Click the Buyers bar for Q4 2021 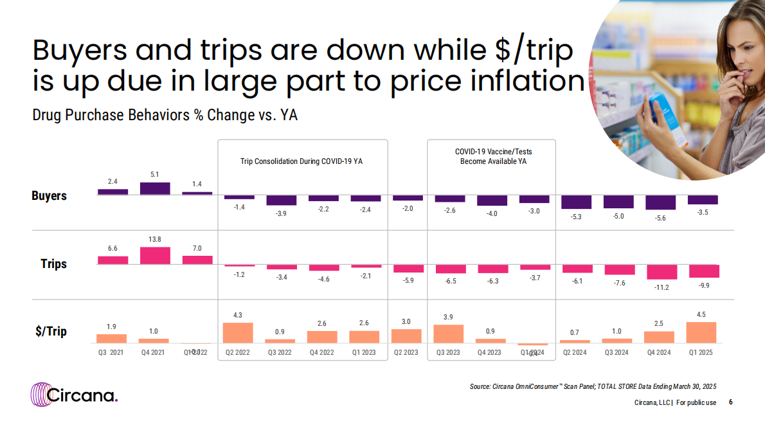(155, 188)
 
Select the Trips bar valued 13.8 (155, 256)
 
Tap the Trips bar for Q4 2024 (661, 271)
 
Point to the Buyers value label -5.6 (661, 217)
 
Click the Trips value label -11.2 (661, 287)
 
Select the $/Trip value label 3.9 (449, 317)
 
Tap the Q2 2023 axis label (406, 352)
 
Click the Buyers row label (50, 195)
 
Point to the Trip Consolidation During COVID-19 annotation (301, 161)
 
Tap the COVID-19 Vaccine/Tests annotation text (493, 156)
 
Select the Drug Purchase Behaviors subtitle (165, 116)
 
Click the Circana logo (75, 393)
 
